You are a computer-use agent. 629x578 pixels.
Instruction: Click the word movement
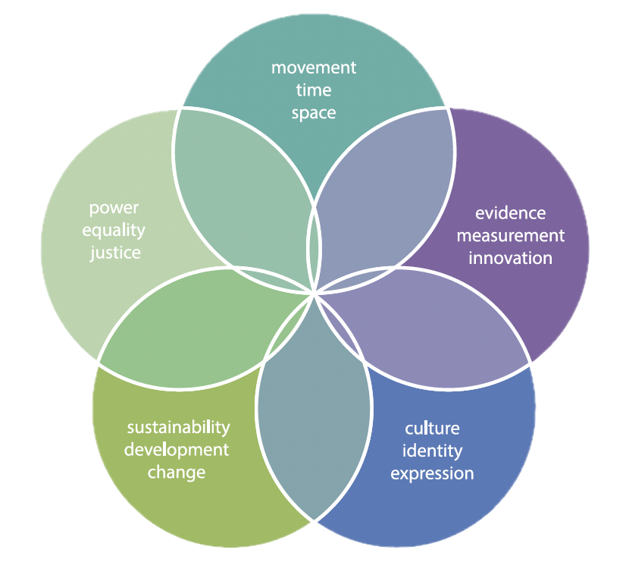[314, 68]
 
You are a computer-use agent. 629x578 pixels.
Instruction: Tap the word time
[314, 90]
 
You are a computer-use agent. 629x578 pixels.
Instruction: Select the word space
[314, 113]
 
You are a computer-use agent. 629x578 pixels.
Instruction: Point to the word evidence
[510, 213]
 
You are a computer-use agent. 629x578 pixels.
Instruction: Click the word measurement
[510, 236]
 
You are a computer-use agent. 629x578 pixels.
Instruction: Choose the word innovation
[510, 258]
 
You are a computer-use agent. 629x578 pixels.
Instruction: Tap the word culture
[432, 429]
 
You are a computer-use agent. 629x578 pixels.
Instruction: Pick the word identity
[432, 451]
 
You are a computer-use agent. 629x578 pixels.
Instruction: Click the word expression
[432, 474]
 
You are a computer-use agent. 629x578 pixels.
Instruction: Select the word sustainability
[178, 427]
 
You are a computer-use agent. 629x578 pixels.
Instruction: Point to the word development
[177, 450]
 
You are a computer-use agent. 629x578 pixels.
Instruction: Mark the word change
[177, 473]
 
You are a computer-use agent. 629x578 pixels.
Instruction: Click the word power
[114, 207]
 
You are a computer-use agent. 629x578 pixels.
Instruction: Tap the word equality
[114, 230]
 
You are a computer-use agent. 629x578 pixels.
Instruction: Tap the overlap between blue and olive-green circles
[313, 410]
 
